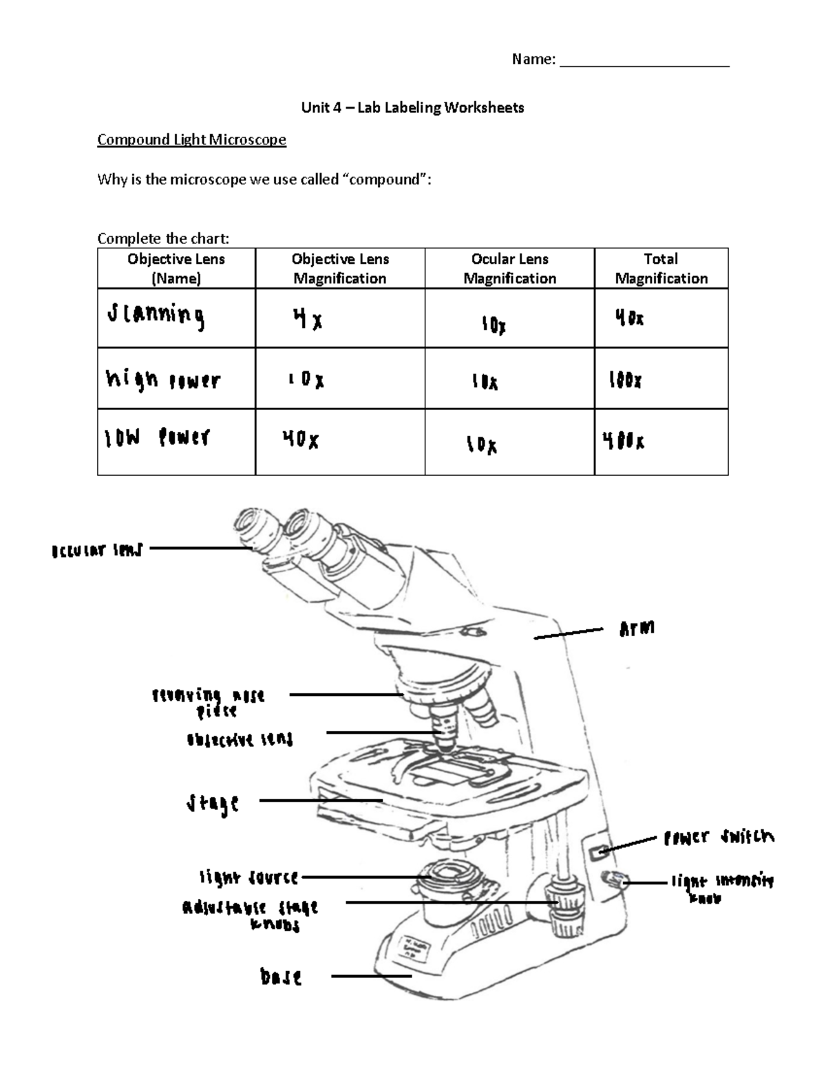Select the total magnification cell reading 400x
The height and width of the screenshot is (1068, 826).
624,441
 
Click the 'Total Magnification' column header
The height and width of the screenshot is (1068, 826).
661,268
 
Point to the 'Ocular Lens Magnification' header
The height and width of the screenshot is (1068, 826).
509,268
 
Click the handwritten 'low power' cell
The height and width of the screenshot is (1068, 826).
157,438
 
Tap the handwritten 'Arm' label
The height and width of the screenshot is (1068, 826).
637,628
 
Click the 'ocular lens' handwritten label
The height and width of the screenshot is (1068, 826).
96,550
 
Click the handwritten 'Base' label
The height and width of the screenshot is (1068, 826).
281,977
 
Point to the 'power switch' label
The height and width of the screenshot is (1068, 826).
718,837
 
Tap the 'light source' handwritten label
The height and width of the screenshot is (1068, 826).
248,878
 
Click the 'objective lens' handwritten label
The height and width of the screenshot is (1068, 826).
240,740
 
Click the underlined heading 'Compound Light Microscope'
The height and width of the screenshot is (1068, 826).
191,140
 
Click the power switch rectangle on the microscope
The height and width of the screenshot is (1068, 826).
598,852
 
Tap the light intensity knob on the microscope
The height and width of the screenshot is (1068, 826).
611,879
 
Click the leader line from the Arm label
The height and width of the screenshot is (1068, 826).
569,633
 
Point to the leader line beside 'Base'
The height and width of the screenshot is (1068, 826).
371,976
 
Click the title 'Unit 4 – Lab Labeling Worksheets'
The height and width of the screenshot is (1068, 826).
412,107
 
